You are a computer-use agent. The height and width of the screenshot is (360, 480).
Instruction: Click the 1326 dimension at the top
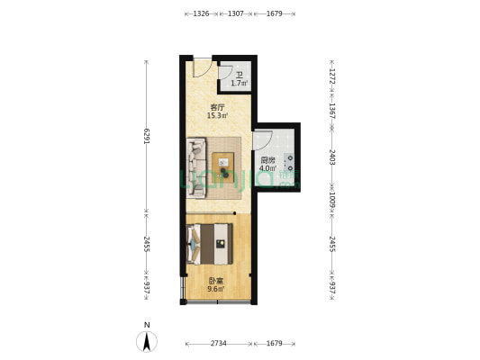pyautogui.click(x=201, y=13)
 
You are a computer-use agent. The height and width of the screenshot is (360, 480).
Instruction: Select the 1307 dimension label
pyautogui.click(x=235, y=13)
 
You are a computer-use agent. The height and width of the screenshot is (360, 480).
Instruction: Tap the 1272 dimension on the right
pyautogui.click(x=331, y=77)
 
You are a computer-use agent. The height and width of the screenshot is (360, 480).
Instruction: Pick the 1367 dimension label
pyautogui.click(x=331, y=111)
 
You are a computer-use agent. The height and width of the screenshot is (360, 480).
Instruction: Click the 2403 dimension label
pyautogui.click(x=331, y=156)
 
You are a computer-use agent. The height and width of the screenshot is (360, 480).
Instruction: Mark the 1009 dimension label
pyautogui.click(x=331, y=199)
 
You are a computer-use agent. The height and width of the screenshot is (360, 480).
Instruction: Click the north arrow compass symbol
pyautogui.click(x=146, y=341)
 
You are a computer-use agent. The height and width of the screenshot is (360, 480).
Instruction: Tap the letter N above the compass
pyautogui.click(x=146, y=324)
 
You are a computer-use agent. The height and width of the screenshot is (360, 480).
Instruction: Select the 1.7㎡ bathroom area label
pyautogui.click(x=239, y=83)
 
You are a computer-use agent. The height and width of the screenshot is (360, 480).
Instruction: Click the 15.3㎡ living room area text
pyautogui.click(x=217, y=114)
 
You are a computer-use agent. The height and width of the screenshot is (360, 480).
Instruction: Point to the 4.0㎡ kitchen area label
pyautogui.click(x=267, y=167)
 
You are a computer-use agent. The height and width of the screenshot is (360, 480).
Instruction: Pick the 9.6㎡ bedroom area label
pyautogui.click(x=215, y=288)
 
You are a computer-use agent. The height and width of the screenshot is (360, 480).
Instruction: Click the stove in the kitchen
pyautogui.click(x=291, y=163)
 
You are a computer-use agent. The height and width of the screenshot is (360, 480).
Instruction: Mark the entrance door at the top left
pyautogui.click(x=201, y=67)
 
